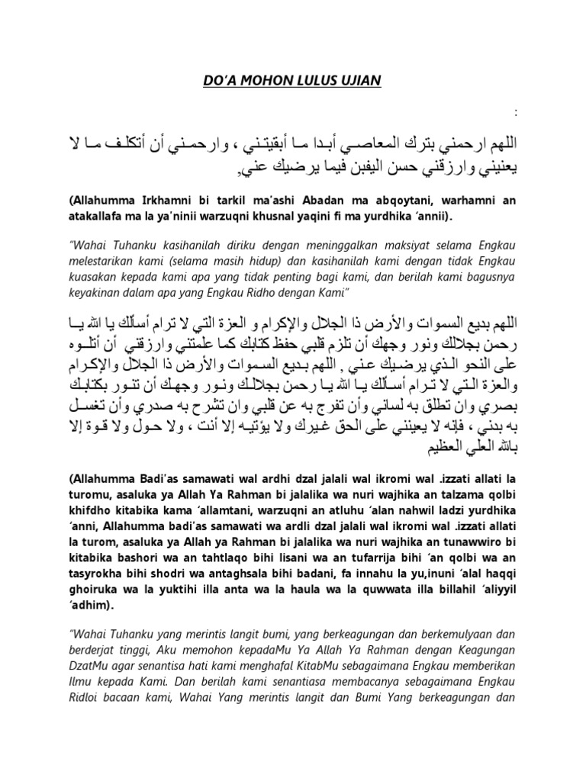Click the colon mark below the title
point(517,114)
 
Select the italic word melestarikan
point(106,263)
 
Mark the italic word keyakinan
point(95,294)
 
